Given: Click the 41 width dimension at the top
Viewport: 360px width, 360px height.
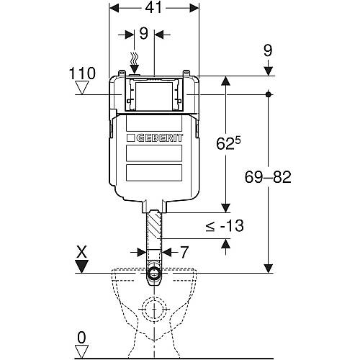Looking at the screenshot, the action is [154, 9].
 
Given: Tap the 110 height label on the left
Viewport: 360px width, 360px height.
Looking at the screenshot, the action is [82, 73].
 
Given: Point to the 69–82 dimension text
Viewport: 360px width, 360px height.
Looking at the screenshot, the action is [268, 177].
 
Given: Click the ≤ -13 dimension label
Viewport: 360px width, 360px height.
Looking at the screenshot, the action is [225, 226].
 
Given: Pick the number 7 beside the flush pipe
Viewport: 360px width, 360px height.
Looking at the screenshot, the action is [184, 252].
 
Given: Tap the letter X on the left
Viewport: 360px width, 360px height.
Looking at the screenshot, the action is [82, 253].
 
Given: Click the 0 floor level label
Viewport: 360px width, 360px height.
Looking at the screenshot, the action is [81, 338].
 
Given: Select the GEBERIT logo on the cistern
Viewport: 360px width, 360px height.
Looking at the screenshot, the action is [155, 138].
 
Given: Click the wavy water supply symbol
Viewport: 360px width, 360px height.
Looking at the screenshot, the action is [135, 58].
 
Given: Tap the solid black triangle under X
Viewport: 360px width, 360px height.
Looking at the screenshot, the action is [82, 266].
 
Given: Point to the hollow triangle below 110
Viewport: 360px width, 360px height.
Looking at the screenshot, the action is [82, 88].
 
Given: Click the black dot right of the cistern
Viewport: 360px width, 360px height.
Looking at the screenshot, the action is [269, 94].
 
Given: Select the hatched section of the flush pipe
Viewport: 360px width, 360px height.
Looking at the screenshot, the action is [154, 225].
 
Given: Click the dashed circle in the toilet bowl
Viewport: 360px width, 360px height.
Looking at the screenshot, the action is [154, 309].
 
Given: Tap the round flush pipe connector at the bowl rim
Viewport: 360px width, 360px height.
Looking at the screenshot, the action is [154, 273].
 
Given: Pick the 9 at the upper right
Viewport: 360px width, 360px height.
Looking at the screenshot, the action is [268, 51].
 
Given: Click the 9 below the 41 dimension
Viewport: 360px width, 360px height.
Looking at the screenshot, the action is [144, 34].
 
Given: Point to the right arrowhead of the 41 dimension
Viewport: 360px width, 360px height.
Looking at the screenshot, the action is [194, 9].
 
